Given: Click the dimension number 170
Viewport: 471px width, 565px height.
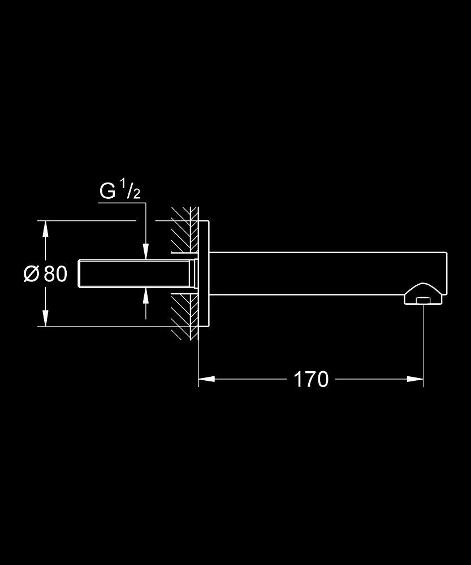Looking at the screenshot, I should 311,379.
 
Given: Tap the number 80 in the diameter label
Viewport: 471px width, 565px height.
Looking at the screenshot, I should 55,274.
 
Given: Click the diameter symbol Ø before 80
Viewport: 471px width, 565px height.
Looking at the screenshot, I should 31,274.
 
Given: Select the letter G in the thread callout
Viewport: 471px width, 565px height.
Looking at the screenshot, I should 107,192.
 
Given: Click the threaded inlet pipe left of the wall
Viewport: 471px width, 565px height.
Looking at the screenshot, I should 136,273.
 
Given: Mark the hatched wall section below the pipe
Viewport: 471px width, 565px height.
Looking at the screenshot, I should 184,316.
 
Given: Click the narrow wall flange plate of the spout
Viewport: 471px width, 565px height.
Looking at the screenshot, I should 205,273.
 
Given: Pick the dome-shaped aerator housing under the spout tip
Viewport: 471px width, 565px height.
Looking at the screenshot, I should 422,292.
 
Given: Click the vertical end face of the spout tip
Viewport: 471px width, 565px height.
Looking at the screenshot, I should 447,271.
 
